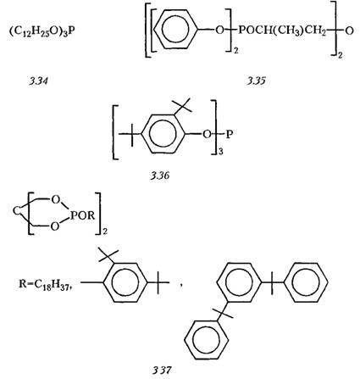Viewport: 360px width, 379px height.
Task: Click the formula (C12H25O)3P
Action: click(x=42, y=31)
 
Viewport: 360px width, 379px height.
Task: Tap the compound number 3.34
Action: click(x=38, y=81)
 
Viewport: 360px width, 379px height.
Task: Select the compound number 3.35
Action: click(x=257, y=81)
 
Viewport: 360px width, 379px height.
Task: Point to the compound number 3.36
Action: click(x=160, y=176)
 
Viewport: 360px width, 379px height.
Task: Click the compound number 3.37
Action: click(x=162, y=370)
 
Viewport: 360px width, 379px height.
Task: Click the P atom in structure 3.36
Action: click(x=230, y=134)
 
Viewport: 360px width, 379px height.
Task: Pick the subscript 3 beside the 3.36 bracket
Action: click(x=221, y=152)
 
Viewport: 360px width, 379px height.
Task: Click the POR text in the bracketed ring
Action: click(x=82, y=215)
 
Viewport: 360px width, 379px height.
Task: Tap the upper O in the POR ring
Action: click(x=56, y=200)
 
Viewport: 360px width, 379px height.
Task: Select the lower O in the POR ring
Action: click(x=55, y=226)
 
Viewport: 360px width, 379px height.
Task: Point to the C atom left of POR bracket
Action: click(x=17, y=212)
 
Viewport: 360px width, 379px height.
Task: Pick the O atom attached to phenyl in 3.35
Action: click(x=219, y=30)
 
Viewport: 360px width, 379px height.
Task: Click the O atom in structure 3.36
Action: click(x=207, y=134)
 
